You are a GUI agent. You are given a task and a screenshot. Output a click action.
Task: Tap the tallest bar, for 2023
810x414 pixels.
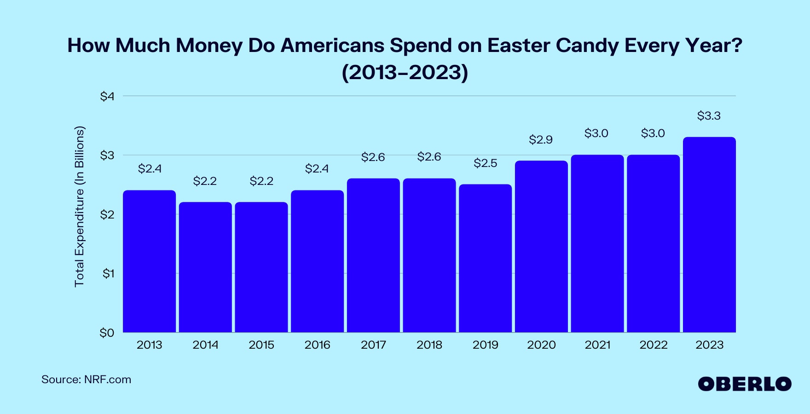click(x=709, y=235)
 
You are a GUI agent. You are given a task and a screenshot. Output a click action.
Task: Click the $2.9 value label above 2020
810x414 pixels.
click(x=541, y=139)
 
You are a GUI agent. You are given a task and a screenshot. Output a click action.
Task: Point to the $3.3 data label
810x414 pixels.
click(x=709, y=115)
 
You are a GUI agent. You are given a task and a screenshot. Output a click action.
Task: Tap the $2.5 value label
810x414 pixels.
click(x=485, y=163)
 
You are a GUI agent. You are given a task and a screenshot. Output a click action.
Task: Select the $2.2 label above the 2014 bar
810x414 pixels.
click(x=205, y=181)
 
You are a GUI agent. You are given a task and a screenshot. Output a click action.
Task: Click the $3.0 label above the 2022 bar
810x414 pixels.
click(x=653, y=133)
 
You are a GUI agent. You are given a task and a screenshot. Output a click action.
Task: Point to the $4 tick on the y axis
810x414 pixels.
click(x=107, y=96)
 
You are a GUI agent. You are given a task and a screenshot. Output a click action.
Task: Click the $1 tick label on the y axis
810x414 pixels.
click(x=108, y=273)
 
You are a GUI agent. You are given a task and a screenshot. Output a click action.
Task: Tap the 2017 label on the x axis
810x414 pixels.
click(x=373, y=345)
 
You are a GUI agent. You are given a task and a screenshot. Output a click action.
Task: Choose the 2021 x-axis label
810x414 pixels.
click(x=597, y=345)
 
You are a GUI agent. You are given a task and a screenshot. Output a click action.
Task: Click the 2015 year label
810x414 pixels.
click(x=261, y=345)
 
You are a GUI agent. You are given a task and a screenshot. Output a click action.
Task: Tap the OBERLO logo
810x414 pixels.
click(x=744, y=384)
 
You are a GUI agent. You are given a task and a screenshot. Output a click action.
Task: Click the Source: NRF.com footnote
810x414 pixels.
click(x=86, y=379)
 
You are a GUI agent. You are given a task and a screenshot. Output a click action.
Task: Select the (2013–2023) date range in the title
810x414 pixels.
click(x=405, y=72)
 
